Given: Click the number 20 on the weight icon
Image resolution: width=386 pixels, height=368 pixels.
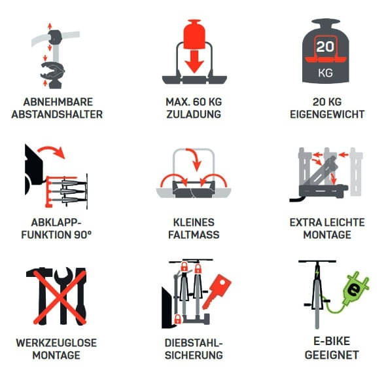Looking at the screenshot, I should (x=325, y=47).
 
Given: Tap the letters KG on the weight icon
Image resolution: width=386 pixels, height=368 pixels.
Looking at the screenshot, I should (x=325, y=72).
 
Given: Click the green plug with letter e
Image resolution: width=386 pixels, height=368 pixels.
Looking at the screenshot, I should (x=354, y=289).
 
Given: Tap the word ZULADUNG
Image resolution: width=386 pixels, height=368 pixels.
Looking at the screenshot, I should (x=194, y=114).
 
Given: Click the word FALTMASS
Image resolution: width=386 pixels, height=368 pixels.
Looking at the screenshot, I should (x=194, y=234).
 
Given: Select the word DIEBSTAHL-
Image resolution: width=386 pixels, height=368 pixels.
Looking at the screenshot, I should (x=194, y=342).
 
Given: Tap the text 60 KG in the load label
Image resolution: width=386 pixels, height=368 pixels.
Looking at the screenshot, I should (x=203, y=101).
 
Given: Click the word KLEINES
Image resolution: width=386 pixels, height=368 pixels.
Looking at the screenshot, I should (x=194, y=222).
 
